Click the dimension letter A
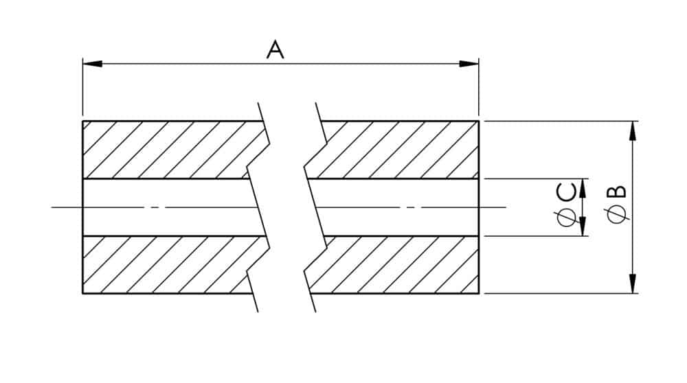[x=275, y=49]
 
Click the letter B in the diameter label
[x=618, y=192]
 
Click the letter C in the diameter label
[x=565, y=193]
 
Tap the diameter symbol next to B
[x=618, y=214]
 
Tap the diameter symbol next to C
[x=566, y=218]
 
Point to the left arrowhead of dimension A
[x=93, y=64]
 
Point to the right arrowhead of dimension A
[x=469, y=64]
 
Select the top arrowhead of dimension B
[x=632, y=130]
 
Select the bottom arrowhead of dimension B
[x=632, y=283]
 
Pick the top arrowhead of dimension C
[x=583, y=188]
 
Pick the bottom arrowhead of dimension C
[x=583, y=227]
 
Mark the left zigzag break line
[x=258, y=207]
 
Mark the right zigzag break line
[x=315, y=207]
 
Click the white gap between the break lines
[x=286, y=207]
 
